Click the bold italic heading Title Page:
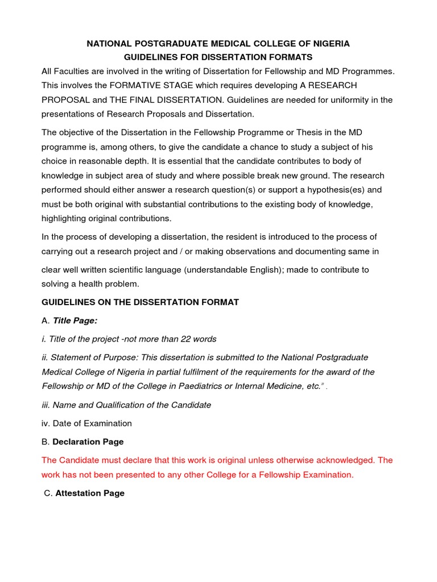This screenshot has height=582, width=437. point(75,321)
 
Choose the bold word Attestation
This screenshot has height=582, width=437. point(78,493)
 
